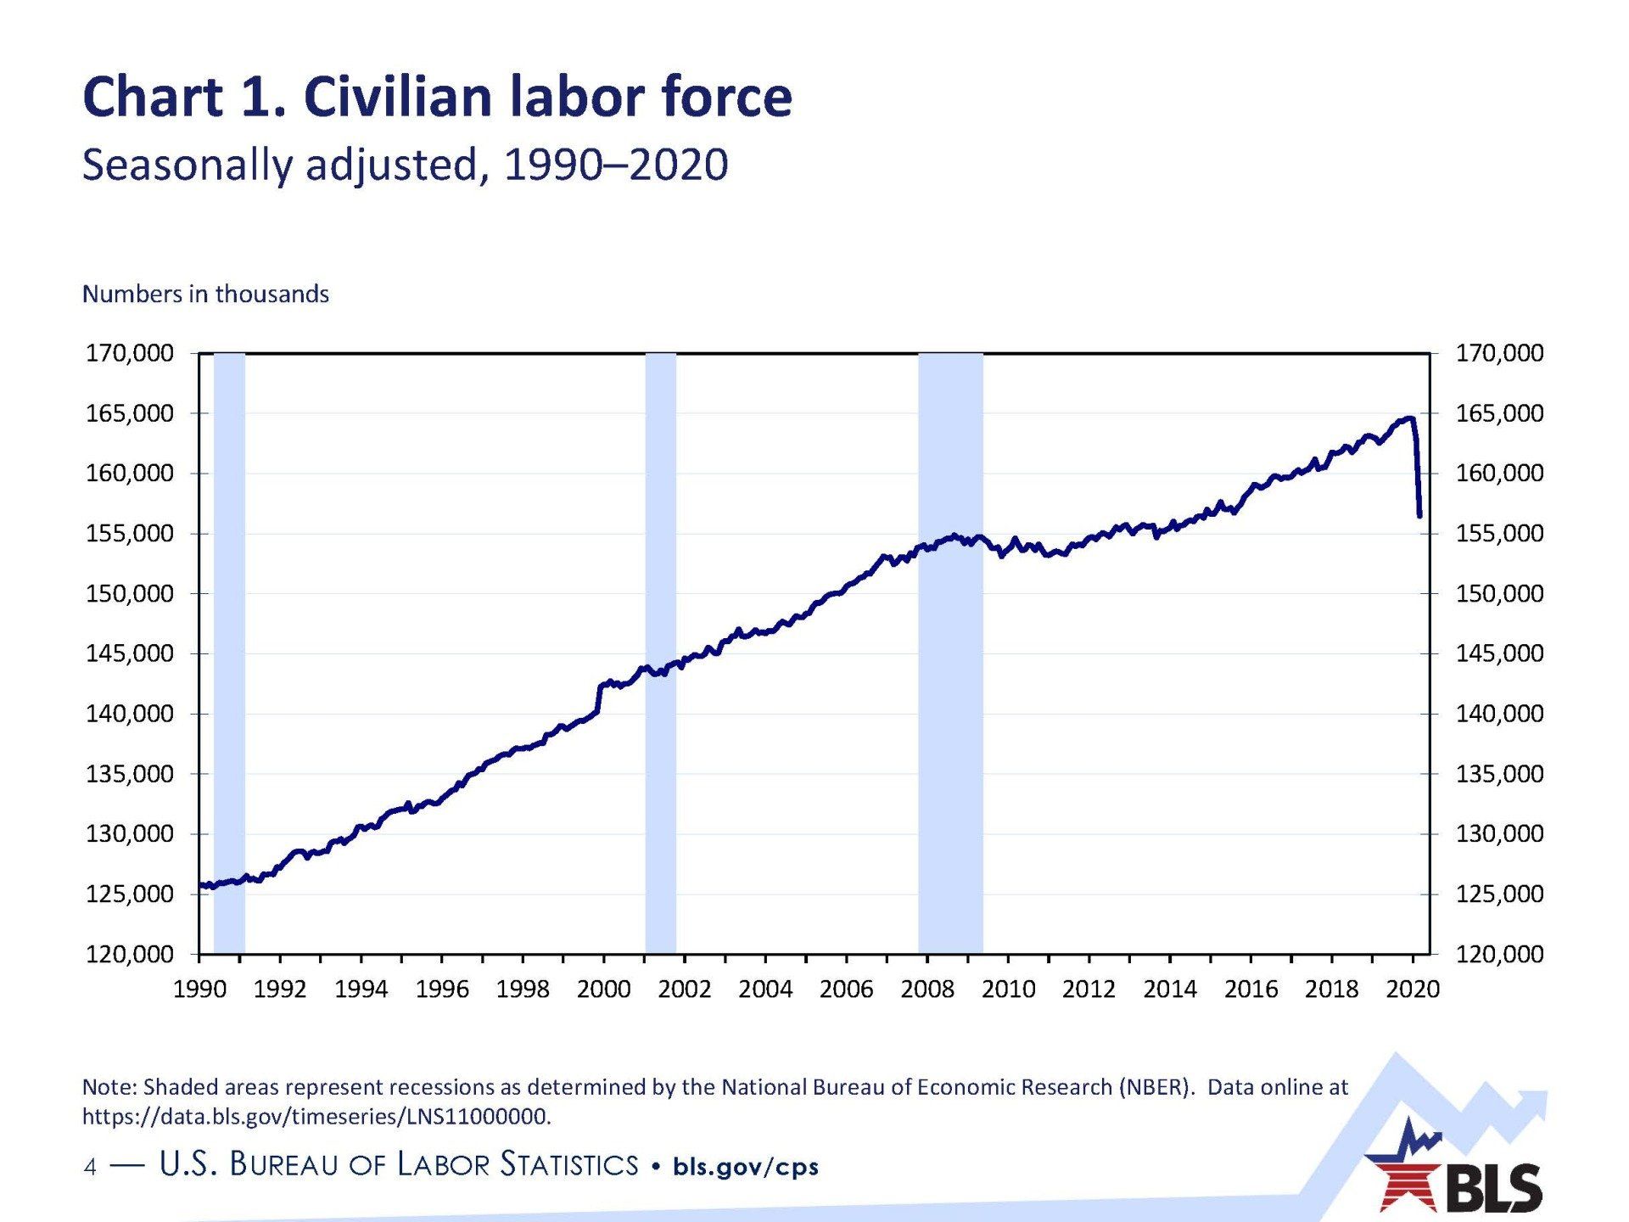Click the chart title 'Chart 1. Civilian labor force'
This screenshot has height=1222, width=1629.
click(437, 97)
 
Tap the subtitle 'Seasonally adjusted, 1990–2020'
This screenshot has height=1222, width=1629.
click(405, 164)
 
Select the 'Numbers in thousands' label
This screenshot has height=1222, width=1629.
click(205, 294)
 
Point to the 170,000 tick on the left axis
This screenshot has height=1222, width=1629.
click(129, 353)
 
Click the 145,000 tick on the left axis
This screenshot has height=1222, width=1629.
click(129, 653)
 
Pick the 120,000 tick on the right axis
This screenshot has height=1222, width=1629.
click(1499, 955)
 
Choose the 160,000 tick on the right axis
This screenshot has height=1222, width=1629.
click(1499, 474)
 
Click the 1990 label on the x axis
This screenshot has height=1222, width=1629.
click(199, 989)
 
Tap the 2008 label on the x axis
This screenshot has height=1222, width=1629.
click(927, 989)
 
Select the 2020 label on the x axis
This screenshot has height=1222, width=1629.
click(1413, 989)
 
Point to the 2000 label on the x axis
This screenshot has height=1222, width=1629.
click(603, 989)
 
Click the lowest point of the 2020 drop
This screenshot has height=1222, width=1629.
click(1419, 515)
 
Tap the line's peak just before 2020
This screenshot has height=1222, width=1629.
click(1408, 418)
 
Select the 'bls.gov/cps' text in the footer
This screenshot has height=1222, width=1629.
click(746, 1167)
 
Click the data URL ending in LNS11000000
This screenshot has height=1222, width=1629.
click(316, 1116)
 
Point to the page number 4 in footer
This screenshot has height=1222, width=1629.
click(90, 1168)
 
